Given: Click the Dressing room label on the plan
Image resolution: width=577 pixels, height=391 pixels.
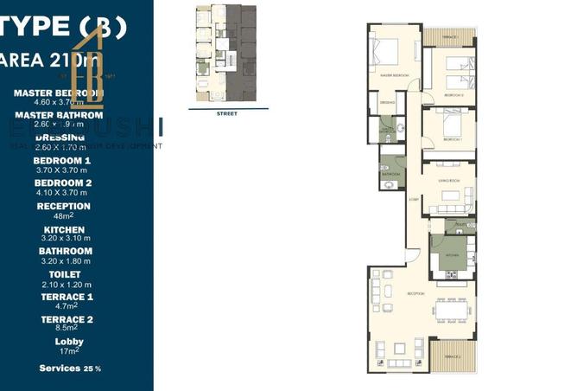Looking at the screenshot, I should [x=388, y=104].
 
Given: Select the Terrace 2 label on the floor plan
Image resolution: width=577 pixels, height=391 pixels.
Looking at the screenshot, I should [x=448, y=357].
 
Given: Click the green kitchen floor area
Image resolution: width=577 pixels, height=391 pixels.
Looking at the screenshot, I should [x=451, y=253].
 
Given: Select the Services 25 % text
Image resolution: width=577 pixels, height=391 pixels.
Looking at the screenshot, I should [x=70, y=369].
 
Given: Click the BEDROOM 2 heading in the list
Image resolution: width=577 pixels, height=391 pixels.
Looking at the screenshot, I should [x=62, y=183].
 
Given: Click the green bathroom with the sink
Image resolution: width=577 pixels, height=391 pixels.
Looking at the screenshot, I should [x=390, y=169].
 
